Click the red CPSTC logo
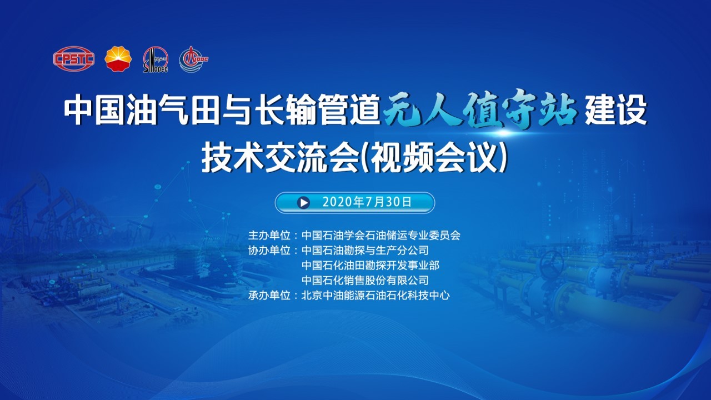74,59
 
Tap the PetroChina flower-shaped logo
118,59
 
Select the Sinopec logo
156,59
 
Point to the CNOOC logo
194,59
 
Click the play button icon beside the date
303,203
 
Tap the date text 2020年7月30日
367,202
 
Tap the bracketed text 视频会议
434,158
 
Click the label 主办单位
269,235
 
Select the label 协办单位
269,250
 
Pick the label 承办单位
269,296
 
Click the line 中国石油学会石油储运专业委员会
381,235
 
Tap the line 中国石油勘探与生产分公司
365,250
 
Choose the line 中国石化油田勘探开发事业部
370,265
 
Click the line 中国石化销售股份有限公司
365,281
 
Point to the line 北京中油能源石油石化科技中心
375,296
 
